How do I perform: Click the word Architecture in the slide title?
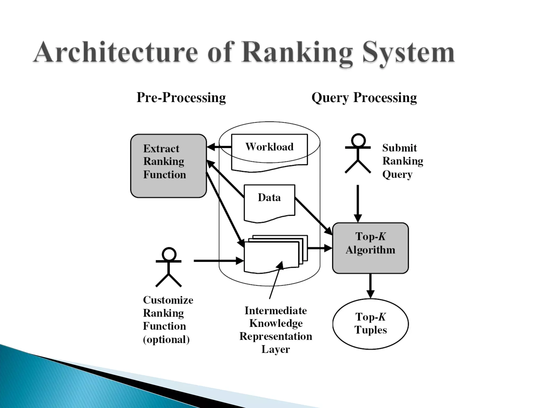click(116, 52)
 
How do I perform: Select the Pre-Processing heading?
click(181, 97)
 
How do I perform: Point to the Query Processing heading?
click(364, 97)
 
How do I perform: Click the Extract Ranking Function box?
click(168, 166)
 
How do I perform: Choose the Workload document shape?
click(269, 151)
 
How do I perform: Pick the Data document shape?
click(269, 202)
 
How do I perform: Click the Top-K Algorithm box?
click(370, 248)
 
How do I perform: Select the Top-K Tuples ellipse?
click(370, 324)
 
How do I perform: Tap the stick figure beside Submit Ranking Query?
click(358, 154)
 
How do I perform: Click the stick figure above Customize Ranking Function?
click(169, 267)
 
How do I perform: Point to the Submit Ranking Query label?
click(402, 161)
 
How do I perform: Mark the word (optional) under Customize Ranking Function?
click(166, 340)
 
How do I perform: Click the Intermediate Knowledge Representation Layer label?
click(276, 330)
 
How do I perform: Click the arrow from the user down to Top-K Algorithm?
click(358, 203)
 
